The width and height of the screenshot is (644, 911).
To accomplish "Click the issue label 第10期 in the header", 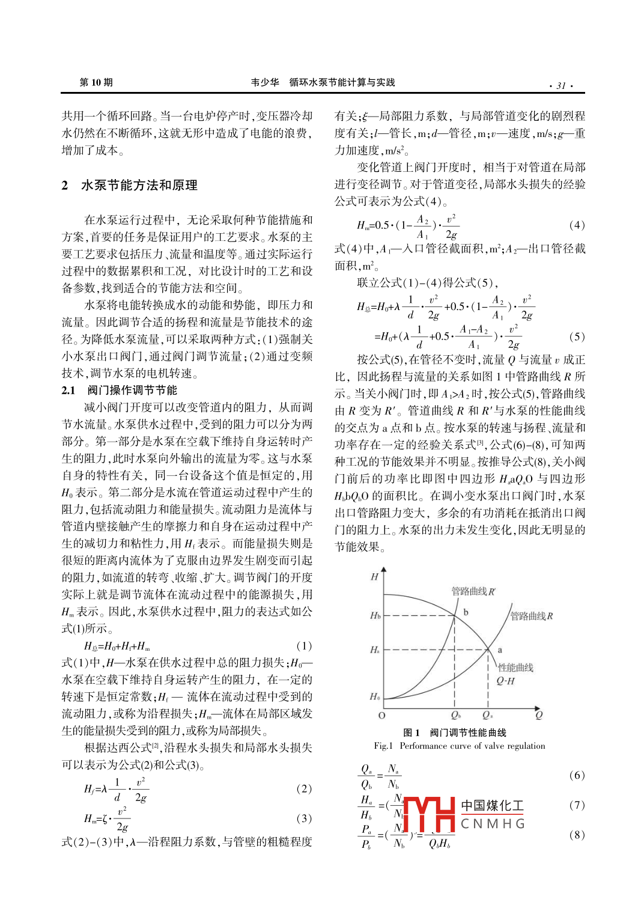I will pyautogui.click(x=96, y=82).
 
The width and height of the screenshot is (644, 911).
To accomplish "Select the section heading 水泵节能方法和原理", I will pyautogui.click(x=139, y=185).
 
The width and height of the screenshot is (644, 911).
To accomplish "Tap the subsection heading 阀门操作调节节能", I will pyautogui.click(x=132, y=390).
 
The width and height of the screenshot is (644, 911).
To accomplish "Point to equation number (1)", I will pyautogui.click(x=304, y=645).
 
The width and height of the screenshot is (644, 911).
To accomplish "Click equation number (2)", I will pyautogui.click(x=304, y=788).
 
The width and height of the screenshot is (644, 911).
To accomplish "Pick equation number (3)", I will pyautogui.click(x=304, y=818).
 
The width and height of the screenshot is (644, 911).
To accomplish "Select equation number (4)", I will pyautogui.click(x=576, y=225).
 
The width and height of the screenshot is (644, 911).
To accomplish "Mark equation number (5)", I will pyautogui.click(x=576, y=337).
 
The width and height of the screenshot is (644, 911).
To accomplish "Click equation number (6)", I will pyautogui.click(x=576, y=775).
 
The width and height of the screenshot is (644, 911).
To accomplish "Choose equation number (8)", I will pyautogui.click(x=576, y=834).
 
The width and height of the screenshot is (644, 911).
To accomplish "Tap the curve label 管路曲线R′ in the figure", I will pyautogui.click(x=473, y=591).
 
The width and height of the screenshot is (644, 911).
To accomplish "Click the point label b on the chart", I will pyautogui.click(x=466, y=612).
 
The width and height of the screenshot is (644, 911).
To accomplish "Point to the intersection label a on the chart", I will pyautogui.click(x=499, y=650).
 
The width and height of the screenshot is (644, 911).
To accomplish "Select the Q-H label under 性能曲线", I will pyautogui.click(x=505, y=681).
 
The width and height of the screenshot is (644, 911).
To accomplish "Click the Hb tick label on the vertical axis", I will pyautogui.click(x=375, y=615).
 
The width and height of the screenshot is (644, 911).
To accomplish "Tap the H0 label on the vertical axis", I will pyautogui.click(x=375, y=696).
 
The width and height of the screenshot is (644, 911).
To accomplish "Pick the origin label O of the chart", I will pyautogui.click(x=381, y=715).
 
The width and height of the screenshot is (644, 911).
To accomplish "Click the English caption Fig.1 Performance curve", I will pyautogui.click(x=460, y=746).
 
